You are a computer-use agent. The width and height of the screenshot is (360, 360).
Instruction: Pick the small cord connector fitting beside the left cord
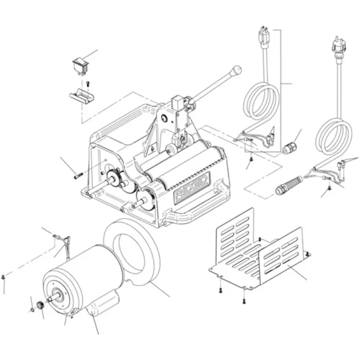click(x=289, y=148)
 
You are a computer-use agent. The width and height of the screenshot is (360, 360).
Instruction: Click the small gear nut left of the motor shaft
click(x=38, y=306)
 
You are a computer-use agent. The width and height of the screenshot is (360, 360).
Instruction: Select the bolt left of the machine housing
click(x=77, y=176)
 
